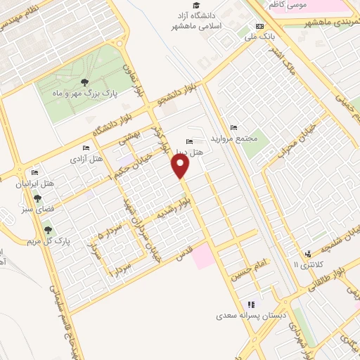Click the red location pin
181,165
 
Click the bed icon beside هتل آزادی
86,148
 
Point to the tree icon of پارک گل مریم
48,229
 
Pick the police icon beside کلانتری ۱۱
307,254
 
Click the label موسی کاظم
288,4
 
